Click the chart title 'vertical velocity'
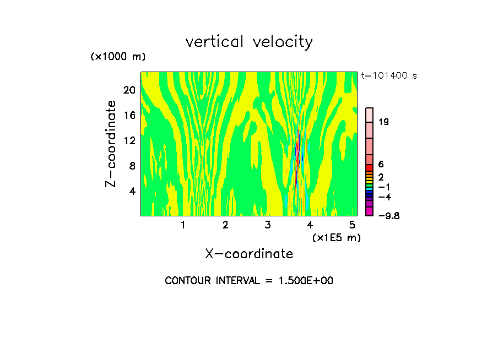249,42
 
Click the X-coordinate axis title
249,254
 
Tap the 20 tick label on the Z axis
129,90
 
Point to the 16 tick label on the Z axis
129,116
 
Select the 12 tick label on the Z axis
129,141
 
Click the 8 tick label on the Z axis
132,166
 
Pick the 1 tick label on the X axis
183,225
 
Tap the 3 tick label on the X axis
268,225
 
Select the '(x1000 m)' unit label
118,57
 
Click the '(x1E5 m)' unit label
336,237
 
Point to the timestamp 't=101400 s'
389,75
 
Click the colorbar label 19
384,122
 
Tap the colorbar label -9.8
388,216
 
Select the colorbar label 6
381,165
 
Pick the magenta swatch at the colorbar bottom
370,212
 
